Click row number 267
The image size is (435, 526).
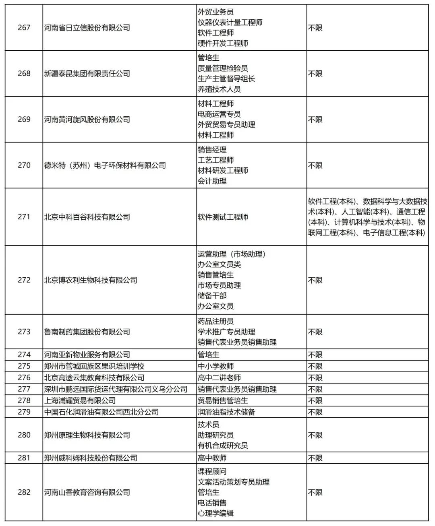point(24,28)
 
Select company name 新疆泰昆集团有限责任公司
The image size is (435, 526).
point(87,74)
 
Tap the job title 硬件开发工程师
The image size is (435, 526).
point(223,43)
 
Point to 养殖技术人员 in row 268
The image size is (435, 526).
point(219,89)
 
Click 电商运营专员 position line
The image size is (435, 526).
point(219,114)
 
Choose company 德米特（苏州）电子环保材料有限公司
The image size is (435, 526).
point(105,165)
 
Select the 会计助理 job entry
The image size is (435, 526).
point(212,181)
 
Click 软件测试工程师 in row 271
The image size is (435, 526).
point(223,217)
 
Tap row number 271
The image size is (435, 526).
point(24,217)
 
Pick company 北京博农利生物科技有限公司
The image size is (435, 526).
point(91,280)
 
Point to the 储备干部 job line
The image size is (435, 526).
point(212,296)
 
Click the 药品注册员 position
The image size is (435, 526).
point(215,322)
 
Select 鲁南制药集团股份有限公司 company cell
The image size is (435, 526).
point(87,332)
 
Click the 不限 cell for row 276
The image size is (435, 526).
point(315,378)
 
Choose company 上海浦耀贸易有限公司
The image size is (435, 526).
point(80,401)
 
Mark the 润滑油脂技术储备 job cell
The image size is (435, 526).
point(226,412)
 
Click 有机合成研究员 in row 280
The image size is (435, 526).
point(223,446)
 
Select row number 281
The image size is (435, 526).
point(24,458)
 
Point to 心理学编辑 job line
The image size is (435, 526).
point(215,513)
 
